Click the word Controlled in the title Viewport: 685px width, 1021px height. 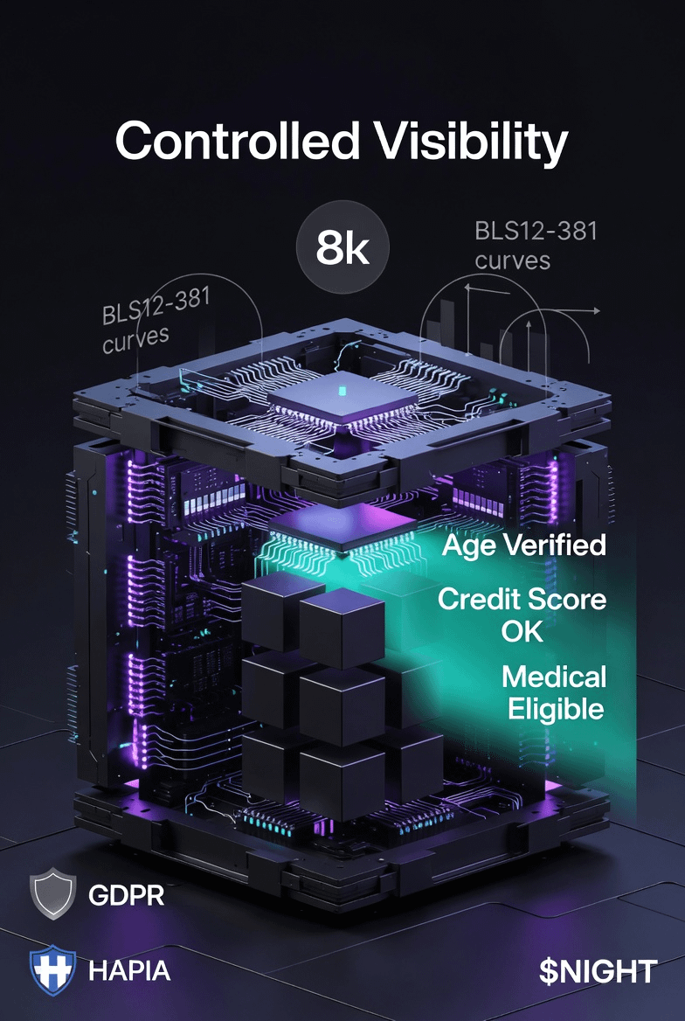click(237, 141)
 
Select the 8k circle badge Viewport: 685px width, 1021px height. click(342, 248)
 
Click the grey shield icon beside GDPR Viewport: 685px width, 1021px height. click(53, 894)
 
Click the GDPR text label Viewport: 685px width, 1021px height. click(127, 896)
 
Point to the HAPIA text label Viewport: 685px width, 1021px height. click(129, 969)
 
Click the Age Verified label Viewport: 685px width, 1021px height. click(523, 545)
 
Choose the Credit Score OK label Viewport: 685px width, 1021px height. click(522, 615)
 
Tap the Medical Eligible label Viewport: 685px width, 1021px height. click(555, 691)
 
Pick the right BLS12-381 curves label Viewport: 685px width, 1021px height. click(536, 246)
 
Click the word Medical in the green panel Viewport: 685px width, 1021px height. click(555, 677)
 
